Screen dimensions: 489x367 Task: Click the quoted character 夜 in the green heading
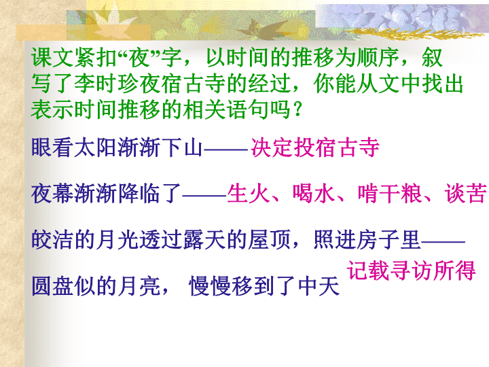[140, 58]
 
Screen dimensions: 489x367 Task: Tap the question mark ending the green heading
[298, 109]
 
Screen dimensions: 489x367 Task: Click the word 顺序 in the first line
[378, 58]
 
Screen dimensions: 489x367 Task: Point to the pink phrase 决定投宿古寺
[315, 147]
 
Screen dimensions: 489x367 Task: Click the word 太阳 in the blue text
[96, 147]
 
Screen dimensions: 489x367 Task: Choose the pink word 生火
[249, 194]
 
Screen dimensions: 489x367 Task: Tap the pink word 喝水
[314, 194]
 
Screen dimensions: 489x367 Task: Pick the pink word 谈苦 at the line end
[466, 194]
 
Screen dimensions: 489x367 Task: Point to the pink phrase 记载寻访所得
[412, 270]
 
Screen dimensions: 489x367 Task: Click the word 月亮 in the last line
[139, 286]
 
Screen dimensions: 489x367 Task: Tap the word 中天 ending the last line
[319, 286]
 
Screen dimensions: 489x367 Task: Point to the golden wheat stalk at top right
[415, 33]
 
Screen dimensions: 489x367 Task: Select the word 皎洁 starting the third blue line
[52, 240]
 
